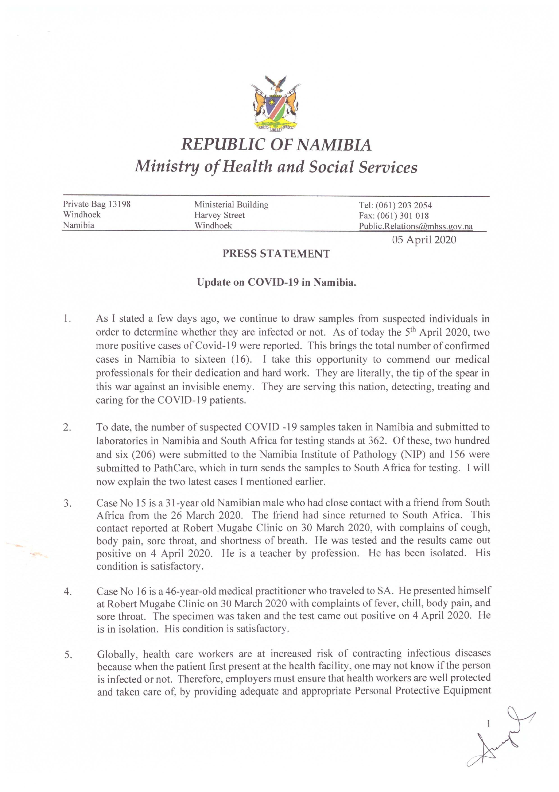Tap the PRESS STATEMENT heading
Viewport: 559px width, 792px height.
(276, 254)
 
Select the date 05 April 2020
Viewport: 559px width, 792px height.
(424, 240)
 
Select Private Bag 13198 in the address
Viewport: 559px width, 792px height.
(97, 204)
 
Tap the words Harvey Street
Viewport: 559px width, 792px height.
(219, 215)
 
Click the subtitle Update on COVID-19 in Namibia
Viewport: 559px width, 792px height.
(276, 282)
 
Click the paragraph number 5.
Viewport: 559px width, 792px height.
(68, 655)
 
